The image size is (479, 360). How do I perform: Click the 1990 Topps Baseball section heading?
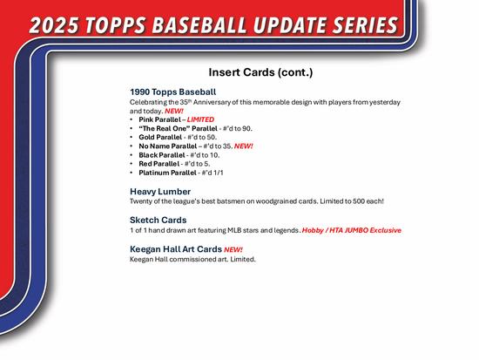(x=172, y=92)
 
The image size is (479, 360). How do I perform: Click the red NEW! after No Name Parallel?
(x=243, y=146)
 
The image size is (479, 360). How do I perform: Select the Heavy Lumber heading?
(x=159, y=191)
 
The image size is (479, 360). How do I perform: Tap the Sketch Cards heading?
(x=159, y=220)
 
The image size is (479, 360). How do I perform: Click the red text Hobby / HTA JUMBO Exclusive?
(x=352, y=230)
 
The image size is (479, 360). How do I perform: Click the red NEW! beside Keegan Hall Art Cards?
(x=233, y=249)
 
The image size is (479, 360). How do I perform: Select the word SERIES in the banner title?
(x=408, y=24)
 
